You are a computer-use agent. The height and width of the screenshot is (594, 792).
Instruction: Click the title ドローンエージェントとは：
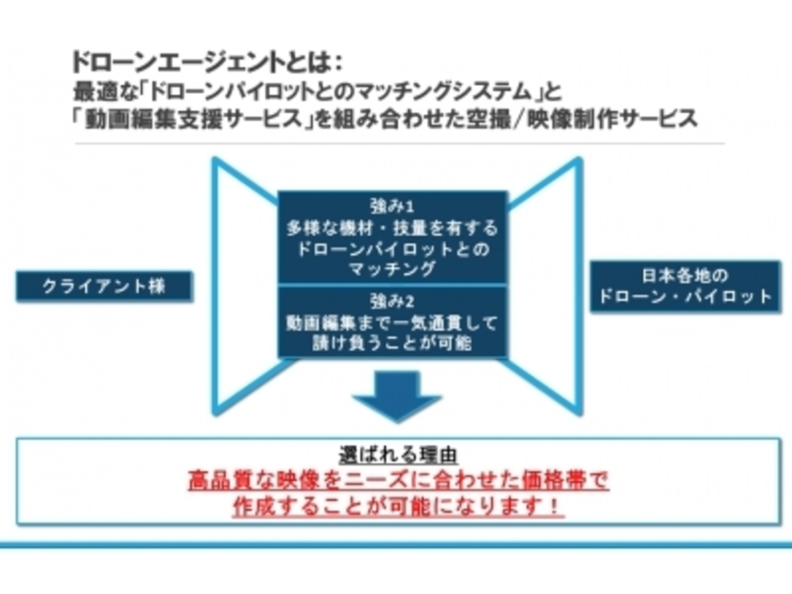[208, 62]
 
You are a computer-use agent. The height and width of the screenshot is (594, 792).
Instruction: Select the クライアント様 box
[105, 287]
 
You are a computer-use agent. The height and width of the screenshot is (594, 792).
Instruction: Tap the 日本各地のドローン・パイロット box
[685, 287]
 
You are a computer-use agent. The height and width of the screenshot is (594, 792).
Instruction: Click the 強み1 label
[392, 206]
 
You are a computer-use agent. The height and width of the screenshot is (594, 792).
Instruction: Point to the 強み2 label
[392, 302]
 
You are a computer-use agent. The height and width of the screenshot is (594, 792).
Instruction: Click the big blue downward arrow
[397, 396]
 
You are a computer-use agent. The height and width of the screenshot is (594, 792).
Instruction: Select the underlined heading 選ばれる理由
[399, 455]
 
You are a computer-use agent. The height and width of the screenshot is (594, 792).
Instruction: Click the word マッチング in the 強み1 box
[392, 269]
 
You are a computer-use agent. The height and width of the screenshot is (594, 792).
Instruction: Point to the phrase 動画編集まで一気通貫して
[392, 323]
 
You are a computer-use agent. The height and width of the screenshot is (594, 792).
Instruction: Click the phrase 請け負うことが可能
[392, 343]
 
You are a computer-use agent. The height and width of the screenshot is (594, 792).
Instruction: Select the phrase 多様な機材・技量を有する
[392, 229]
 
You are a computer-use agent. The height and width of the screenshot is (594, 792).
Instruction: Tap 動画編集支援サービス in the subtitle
[193, 119]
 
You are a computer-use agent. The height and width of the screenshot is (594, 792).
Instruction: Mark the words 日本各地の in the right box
[685, 276]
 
